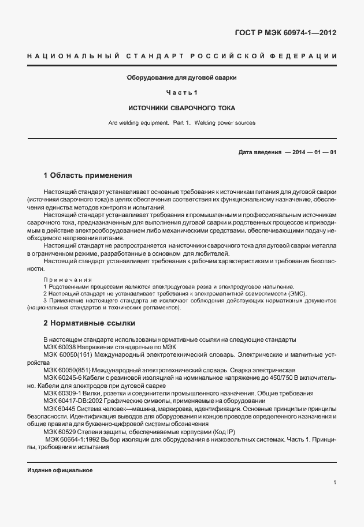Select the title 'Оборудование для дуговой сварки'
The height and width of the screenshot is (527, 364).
coord(182,77)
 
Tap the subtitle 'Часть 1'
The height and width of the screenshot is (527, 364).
coord(182,92)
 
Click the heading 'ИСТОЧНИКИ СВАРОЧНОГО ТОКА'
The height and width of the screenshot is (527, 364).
coord(182,108)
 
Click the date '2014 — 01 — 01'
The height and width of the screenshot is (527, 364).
coord(312,152)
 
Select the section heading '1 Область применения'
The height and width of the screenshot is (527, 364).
coord(88,175)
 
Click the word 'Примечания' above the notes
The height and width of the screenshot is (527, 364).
coord(64,279)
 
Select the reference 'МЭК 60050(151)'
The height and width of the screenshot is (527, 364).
coord(65,354)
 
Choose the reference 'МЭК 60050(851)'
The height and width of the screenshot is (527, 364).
coord(65,369)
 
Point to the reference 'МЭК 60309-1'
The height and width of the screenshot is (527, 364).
coord(61,393)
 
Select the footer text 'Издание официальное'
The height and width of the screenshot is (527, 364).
coord(60,470)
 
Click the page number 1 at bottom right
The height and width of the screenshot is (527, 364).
coord(335,483)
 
